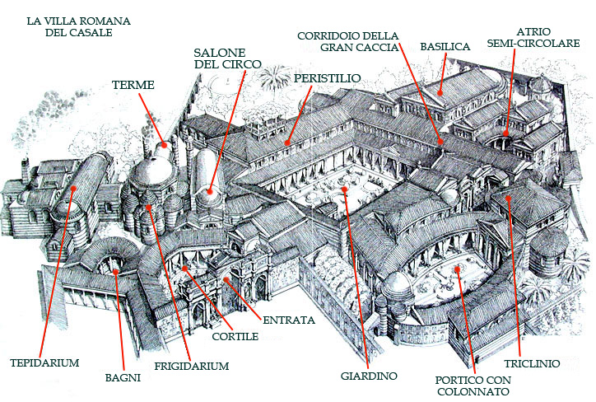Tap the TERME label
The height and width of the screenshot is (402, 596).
click(x=133, y=84)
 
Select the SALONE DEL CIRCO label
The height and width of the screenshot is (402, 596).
click(x=227, y=57)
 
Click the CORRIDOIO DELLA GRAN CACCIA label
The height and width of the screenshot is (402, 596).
click(x=348, y=41)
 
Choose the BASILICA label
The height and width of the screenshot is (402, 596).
click(x=445, y=47)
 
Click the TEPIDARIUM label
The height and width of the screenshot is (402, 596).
click(x=44, y=362)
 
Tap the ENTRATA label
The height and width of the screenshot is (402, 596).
click(x=289, y=319)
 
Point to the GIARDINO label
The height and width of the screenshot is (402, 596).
click(x=369, y=376)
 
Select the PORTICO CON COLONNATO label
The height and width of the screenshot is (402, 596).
click(x=473, y=386)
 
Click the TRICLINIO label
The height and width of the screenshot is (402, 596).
click(x=533, y=362)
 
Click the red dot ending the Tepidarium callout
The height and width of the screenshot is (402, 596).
click(x=73, y=189)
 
